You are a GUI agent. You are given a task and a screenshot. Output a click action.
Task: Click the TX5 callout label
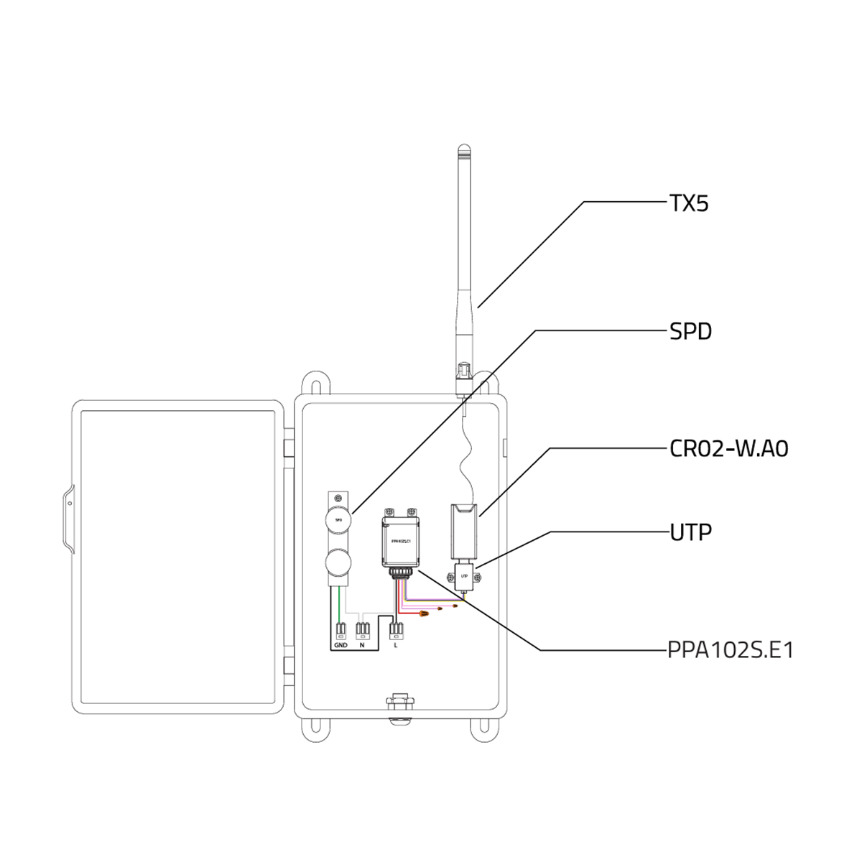688,204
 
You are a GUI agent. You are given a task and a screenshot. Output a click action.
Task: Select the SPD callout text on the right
690,332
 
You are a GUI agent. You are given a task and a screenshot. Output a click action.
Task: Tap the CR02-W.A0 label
728,449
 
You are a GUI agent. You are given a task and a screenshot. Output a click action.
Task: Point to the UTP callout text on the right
690,532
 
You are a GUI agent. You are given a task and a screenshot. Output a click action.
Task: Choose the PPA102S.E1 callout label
731,651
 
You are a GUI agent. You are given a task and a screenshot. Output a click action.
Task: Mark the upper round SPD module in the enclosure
338,519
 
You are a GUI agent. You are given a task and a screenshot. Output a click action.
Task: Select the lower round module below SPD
338,560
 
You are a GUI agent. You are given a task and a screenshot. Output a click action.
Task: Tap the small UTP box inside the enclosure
465,576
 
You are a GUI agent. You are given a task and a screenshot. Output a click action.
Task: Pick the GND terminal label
340,646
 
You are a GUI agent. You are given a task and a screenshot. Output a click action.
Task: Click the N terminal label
363,646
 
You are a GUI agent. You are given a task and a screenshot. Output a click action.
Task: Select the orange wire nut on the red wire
424,614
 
